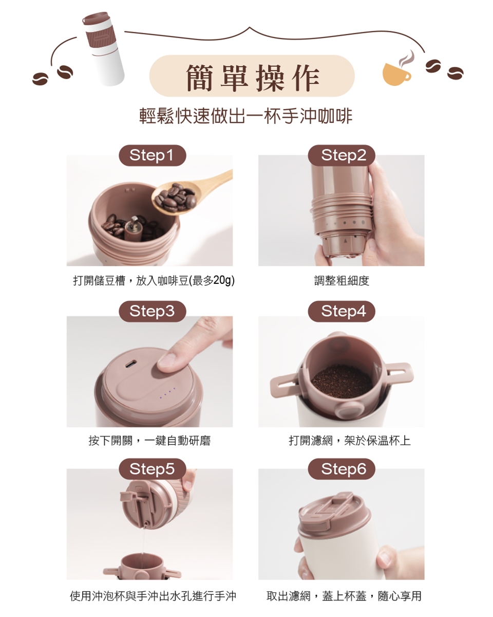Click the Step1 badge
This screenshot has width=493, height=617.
click(x=153, y=155)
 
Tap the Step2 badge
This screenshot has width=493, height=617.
click(x=342, y=155)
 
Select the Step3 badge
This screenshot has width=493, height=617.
click(x=153, y=312)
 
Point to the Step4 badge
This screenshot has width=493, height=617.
click(x=342, y=312)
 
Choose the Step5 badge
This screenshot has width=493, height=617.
click(x=153, y=469)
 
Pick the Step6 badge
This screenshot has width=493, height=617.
click(x=342, y=469)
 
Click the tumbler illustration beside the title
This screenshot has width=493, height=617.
click(x=104, y=48)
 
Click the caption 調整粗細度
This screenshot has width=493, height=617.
click(x=342, y=280)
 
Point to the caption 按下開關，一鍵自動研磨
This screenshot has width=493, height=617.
click(x=149, y=441)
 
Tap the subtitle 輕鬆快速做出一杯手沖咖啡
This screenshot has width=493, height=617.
click(x=246, y=116)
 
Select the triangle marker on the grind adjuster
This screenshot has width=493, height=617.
click(x=346, y=241)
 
